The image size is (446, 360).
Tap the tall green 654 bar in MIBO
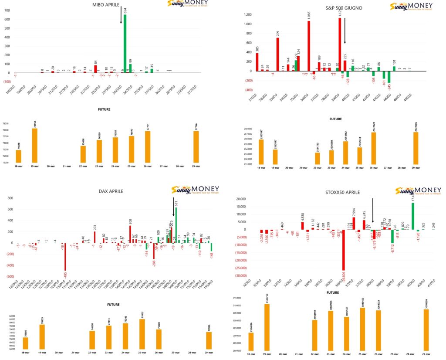(125, 46)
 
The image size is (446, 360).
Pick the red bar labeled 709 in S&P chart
(277, 54)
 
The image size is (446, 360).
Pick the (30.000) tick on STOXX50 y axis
(240, 275)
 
